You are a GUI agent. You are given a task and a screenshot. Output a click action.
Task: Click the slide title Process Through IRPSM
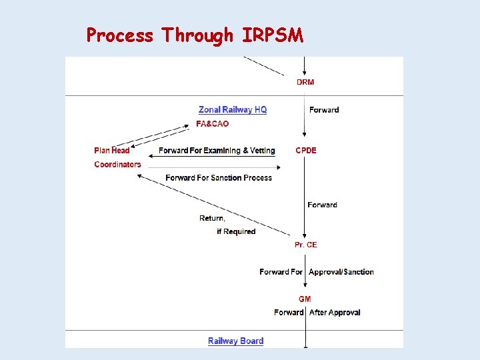pyautogui.click(x=195, y=35)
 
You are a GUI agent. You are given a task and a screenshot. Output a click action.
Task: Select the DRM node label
pyautogui.click(x=305, y=83)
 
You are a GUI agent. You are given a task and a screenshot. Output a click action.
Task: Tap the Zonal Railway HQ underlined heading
pyautogui.click(x=233, y=109)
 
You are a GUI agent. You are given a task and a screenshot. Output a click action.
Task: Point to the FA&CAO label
pyautogui.click(x=212, y=124)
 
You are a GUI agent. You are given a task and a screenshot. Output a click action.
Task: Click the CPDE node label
pyautogui.click(x=306, y=151)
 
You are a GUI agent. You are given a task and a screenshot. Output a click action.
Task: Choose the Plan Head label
pyautogui.click(x=112, y=151)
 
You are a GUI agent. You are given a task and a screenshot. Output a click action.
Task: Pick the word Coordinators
pyautogui.click(x=117, y=165)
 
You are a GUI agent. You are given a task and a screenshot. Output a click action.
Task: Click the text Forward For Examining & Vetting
pyautogui.click(x=217, y=151)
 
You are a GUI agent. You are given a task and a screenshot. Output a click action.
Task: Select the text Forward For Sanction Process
pyautogui.click(x=219, y=178)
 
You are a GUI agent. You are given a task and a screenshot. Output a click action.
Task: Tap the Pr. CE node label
pyautogui.click(x=306, y=245)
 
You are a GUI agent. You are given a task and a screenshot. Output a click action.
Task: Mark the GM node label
pyautogui.click(x=305, y=299)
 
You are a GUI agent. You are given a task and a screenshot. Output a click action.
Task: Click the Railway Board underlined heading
pyautogui.click(x=235, y=341)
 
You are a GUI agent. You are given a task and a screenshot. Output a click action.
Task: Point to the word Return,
pyautogui.click(x=212, y=219)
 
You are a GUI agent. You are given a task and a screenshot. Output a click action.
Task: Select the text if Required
pyautogui.click(x=236, y=232)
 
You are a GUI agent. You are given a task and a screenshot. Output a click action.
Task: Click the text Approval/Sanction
pyautogui.click(x=341, y=272)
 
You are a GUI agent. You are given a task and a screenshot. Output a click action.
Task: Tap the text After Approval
pyautogui.click(x=335, y=313)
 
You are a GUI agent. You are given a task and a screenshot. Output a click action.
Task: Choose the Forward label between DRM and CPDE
pyautogui.click(x=324, y=110)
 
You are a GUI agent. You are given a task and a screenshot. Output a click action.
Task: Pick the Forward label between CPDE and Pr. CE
pyautogui.click(x=322, y=205)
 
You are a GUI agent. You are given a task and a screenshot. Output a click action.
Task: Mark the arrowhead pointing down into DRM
pyautogui.click(x=305, y=73)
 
